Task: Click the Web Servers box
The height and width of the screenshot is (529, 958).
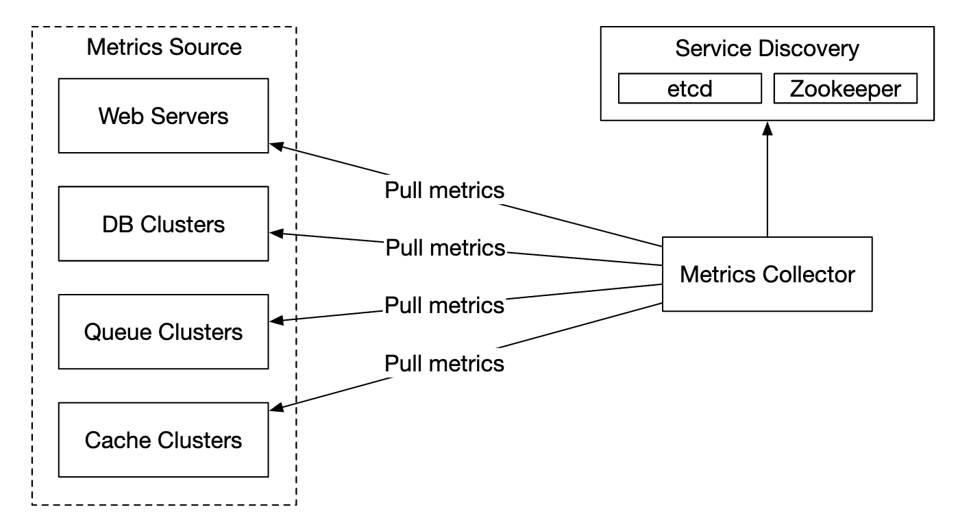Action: tap(163, 115)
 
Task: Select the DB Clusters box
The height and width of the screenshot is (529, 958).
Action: tap(163, 224)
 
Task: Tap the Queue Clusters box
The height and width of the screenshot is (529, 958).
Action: tap(163, 332)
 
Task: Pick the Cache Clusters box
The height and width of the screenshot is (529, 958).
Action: tap(163, 439)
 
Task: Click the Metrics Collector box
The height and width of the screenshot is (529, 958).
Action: tap(767, 274)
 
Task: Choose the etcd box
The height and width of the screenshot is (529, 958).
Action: tap(689, 89)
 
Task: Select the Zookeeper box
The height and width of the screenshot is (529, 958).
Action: tap(845, 89)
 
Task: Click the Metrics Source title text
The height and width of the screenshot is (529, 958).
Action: tap(164, 47)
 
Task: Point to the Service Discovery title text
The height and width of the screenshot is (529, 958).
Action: tap(767, 49)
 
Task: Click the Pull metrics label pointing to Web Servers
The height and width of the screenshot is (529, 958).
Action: tap(444, 190)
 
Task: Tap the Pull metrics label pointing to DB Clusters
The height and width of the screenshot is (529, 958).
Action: tap(445, 247)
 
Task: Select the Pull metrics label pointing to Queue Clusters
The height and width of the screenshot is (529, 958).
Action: tap(444, 305)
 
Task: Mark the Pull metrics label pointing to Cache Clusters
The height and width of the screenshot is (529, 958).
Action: tap(444, 362)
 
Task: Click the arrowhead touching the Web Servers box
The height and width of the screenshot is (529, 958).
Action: tap(275, 146)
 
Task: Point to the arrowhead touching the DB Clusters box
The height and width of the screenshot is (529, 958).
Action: tap(275, 234)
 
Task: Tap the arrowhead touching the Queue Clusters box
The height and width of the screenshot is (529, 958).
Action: tap(275, 320)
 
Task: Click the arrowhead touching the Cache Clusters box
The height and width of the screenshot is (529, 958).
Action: tap(275, 409)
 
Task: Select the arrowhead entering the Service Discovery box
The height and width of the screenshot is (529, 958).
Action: tap(767, 127)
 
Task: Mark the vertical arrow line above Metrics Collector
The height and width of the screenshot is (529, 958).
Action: tap(767, 185)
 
